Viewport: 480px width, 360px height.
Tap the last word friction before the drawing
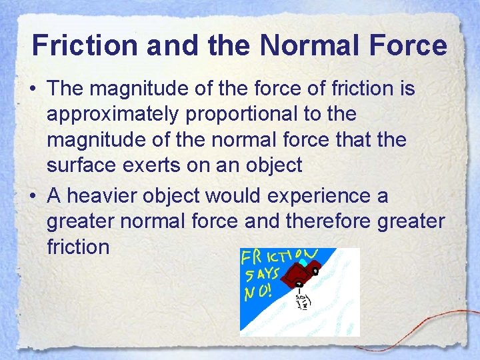78,247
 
